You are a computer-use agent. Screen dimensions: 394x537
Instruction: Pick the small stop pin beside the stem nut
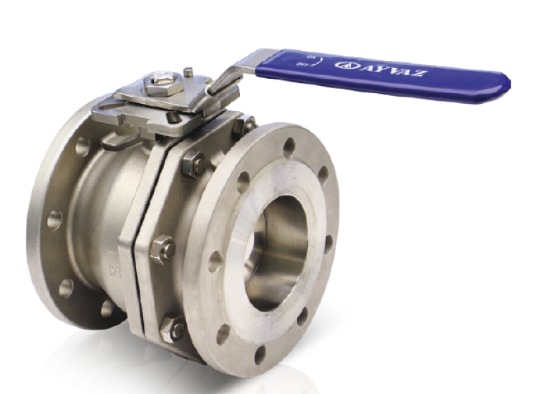click(x=188, y=72)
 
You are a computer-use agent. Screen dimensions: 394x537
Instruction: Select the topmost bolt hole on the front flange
click(x=289, y=147)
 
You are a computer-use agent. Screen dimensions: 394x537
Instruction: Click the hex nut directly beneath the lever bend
click(x=244, y=124)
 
